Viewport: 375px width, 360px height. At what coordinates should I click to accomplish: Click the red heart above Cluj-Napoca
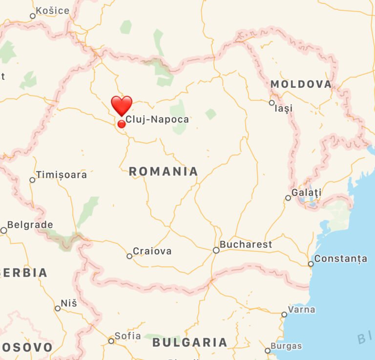(122, 105)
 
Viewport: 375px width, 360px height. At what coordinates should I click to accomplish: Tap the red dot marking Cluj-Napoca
(122, 124)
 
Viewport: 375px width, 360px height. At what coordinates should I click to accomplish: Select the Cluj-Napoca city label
(157, 119)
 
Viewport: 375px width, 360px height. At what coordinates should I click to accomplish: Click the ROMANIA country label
(164, 171)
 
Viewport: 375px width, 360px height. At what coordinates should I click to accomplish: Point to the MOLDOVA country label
(301, 84)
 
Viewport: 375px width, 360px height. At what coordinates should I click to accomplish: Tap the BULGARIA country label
(190, 342)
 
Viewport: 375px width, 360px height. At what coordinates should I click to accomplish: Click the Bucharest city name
(246, 244)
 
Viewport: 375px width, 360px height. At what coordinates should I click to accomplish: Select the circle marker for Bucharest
(216, 250)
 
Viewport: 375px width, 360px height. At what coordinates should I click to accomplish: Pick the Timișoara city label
(62, 175)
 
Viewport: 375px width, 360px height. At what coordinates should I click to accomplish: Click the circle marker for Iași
(272, 102)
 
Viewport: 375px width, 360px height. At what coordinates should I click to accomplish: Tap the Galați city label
(307, 193)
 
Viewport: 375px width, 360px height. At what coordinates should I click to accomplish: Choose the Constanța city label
(340, 259)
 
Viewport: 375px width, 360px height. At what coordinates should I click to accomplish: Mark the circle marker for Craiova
(129, 256)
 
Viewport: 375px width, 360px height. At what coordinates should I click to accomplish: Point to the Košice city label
(53, 11)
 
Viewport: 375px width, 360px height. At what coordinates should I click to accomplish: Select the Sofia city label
(127, 336)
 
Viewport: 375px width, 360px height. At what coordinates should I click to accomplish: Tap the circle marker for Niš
(58, 308)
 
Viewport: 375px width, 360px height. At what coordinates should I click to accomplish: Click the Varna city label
(301, 309)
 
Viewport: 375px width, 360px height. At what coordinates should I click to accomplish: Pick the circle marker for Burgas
(268, 350)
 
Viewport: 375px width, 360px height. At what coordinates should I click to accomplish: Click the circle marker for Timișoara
(32, 180)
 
